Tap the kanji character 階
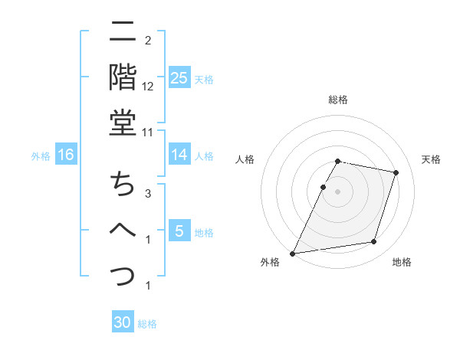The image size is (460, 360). pos(123,77)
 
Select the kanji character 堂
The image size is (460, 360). pos(123,123)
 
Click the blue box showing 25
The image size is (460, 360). pos(179,78)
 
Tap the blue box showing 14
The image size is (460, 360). pos(179,155)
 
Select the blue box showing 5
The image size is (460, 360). pos(179,231)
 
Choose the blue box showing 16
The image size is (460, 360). pos(66,155)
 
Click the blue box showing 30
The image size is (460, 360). pos(123,323)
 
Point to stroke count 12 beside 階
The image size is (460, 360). pos(148,87)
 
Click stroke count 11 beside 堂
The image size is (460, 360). pos(148,132)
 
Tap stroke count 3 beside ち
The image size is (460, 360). pos(148,195)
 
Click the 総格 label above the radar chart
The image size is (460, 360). pos(338,100)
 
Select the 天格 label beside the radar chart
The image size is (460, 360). pos(432,159)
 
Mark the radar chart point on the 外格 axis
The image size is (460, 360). pos(293,253)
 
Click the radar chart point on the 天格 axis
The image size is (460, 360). pos(396,173)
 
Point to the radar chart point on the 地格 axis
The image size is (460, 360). pos(373,242)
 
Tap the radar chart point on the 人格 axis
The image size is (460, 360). pos(324,187)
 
